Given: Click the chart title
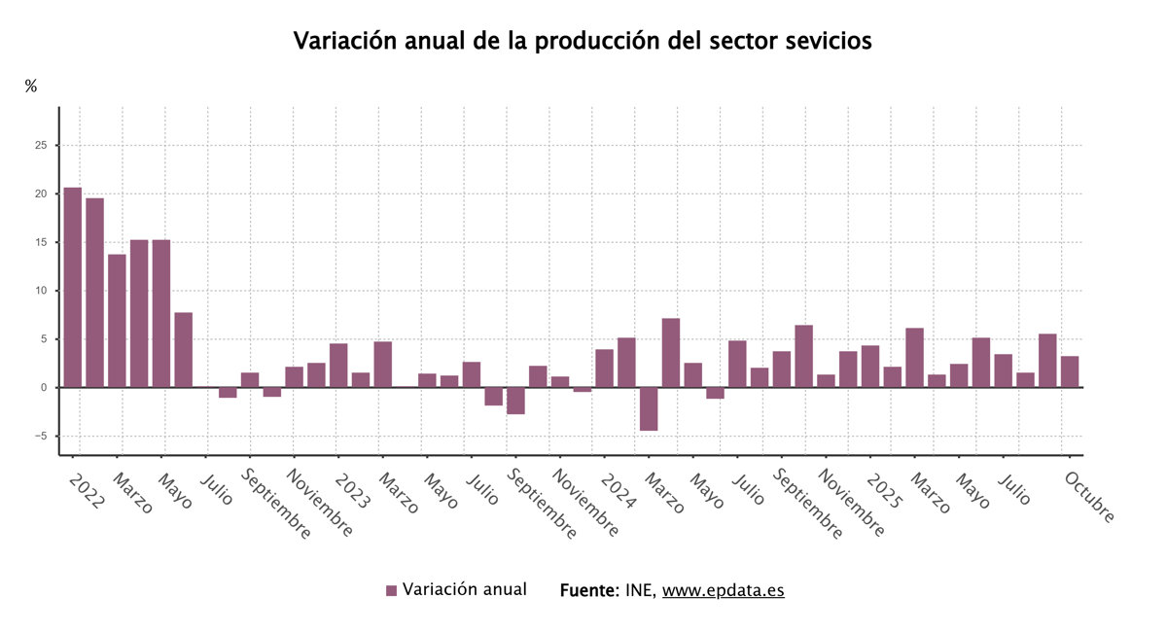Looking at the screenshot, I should click(583, 42).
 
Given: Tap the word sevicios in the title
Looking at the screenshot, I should click(823, 42).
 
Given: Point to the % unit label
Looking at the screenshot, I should click(31, 87).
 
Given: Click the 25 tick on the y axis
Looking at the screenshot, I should click(41, 146).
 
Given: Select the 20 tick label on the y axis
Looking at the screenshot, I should click(41, 194).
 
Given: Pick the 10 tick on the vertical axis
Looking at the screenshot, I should click(41, 291).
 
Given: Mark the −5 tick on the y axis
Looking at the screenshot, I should click(39, 437).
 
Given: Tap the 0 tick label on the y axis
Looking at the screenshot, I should click(44, 388).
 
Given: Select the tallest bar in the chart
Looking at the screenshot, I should click(73, 287).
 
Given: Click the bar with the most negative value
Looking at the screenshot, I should click(649, 408).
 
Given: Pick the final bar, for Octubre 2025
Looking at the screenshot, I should click(1070, 371).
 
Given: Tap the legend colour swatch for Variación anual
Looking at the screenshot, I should click(392, 591).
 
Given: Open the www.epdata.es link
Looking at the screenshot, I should click(723, 591).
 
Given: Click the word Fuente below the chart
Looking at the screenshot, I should click(588, 591).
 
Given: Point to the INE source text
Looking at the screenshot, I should click(641, 591).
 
